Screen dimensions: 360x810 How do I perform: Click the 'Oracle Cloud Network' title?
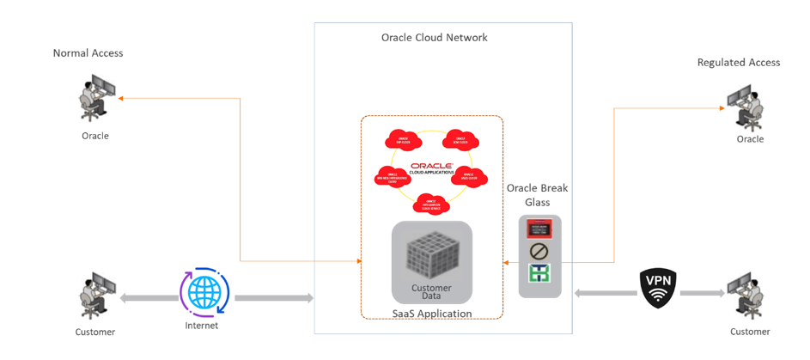[x=434, y=38]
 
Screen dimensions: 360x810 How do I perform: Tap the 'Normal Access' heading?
[x=88, y=53]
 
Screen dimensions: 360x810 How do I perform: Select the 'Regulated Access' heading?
[x=738, y=62]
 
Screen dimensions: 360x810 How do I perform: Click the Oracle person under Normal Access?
[x=95, y=99]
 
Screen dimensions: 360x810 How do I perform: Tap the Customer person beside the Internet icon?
[x=94, y=296]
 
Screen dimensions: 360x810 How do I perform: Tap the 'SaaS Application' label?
[x=431, y=314]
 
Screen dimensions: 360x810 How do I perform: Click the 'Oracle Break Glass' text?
[x=538, y=194]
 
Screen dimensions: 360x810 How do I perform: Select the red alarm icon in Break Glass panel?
[x=539, y=229]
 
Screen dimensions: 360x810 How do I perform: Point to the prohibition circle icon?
[x=539, y=253]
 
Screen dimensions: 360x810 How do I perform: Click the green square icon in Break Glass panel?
[x=539, y=274]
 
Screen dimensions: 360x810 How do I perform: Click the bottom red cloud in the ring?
[x=431, y=203]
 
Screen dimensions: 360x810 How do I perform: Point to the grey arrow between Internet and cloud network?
[x=273, y=298]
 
